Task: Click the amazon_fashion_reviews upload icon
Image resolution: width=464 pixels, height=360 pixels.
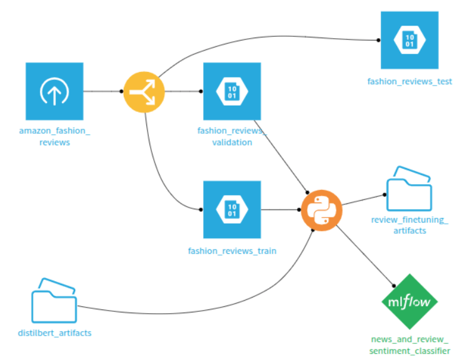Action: click(55, 91)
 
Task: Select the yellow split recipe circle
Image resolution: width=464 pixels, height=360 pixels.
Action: click(143, 91)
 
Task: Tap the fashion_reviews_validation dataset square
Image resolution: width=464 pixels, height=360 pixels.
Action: click(232, 91)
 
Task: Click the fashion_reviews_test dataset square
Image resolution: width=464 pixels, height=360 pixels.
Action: click(410, 40)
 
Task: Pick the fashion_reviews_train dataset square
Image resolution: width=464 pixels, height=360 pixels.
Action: click(232, 209)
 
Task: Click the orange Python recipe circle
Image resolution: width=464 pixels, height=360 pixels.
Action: click(321, 211)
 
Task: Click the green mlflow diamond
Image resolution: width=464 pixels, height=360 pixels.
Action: click(410, 301)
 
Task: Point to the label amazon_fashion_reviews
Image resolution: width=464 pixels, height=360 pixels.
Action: click(54, 136)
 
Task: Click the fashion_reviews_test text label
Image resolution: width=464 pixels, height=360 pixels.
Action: click(410, 82)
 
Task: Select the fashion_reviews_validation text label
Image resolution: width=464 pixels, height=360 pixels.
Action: click(232, 136)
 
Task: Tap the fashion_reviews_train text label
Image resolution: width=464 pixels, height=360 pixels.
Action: click(232, 251)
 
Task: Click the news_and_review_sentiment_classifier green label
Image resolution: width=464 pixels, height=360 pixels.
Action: click(410, 346)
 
